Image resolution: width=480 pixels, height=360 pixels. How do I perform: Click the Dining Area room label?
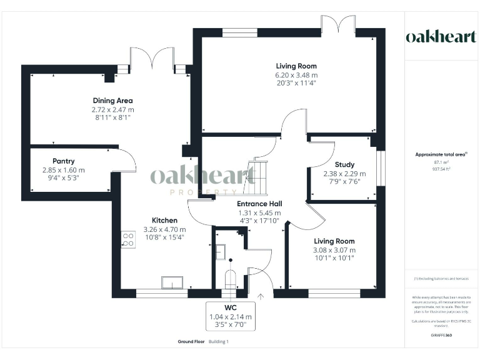[112, 101]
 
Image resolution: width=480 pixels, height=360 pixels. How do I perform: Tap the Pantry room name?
[64, 161]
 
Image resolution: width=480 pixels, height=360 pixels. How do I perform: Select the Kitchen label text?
[165, 220]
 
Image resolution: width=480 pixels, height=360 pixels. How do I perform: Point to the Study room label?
[344, 165]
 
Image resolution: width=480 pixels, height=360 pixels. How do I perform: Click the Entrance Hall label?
[259, 204]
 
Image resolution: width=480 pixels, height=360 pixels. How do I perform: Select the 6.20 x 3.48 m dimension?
[296, 74]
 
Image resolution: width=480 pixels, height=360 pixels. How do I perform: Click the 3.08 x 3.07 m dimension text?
[334, 250]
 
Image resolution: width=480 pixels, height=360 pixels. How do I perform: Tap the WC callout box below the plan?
[231, 317]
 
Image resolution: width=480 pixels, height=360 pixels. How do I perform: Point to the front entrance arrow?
[261, 297]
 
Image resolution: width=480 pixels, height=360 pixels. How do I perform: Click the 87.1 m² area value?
[441, 162]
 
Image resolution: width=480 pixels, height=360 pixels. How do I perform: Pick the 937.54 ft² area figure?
[441, 169]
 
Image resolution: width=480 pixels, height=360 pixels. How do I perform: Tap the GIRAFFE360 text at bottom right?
[441, 336]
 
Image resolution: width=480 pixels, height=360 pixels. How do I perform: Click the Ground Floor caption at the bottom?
[191, 342]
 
